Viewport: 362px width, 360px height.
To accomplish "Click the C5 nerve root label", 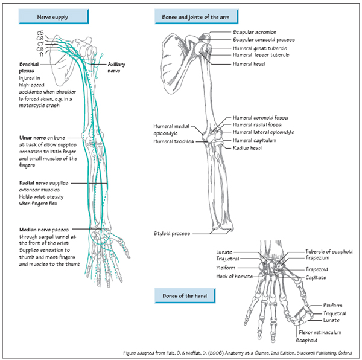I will [40, 33].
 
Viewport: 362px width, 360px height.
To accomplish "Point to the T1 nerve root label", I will [41, 54].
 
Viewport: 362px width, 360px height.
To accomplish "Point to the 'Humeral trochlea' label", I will [173, 141].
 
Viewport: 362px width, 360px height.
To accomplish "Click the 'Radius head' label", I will [247, 147].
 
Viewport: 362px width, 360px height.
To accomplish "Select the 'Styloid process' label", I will [172, 233].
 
